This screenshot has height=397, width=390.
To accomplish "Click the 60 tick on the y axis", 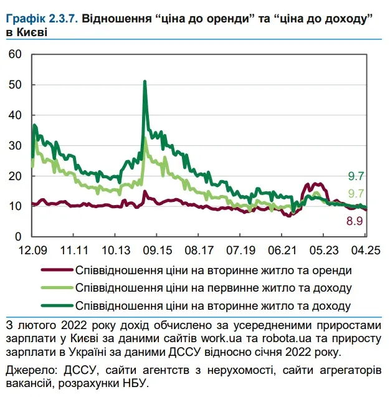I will [x=15, y=55].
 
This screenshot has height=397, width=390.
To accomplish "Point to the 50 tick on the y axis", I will [x=15, y=85].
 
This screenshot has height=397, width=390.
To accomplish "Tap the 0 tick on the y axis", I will [x=18, y=237].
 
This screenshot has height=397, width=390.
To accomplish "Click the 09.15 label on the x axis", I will [x=156, y=249].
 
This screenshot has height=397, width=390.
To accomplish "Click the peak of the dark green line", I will [x=145, y=82].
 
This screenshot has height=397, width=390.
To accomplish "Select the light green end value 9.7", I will [x=356, y=193].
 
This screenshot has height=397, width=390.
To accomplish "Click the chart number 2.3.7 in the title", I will [x=62, y=20].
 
